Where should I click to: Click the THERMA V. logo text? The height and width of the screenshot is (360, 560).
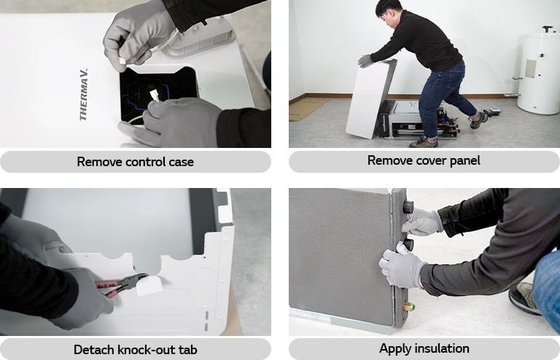coord(84,95)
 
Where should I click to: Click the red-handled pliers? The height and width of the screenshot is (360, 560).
coord(120,284)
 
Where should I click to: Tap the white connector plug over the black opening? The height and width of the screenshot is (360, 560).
coord(155,95)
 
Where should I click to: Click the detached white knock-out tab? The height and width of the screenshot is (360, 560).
coord(149,286)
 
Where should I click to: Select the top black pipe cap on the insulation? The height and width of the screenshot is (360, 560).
coord(408,206)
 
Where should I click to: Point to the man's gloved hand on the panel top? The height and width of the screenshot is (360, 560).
coord(367,61)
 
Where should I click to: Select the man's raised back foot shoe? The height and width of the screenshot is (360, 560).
coord(478,120)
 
